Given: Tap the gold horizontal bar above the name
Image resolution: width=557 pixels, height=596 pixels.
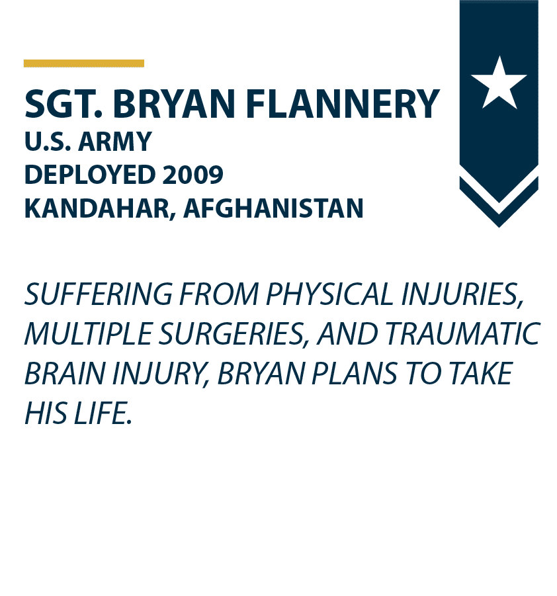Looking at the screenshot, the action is click(83, 63).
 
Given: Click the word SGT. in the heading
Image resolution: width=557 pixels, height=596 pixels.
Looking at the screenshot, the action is click(64, 104).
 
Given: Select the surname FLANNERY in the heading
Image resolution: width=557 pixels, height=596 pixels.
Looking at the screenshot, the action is click(343, 104).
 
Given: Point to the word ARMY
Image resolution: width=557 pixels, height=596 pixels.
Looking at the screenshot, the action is click(115, 142).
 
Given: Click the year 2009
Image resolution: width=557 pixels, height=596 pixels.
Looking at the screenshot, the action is click(193, 175).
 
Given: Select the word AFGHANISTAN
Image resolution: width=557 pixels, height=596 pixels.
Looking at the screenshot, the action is click(273, 208).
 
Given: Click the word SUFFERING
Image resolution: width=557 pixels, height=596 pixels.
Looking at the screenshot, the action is click(99, 294).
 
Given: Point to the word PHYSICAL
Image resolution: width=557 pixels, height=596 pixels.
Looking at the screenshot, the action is click(329, 294).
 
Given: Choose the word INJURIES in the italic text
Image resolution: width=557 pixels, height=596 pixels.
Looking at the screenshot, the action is click(462, 295).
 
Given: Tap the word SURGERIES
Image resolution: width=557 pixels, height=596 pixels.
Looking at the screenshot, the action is click(233, 335).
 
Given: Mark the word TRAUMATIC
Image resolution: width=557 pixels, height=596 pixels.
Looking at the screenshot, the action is click(462, 334).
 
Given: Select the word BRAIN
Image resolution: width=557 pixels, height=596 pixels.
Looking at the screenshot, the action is click(64, 374).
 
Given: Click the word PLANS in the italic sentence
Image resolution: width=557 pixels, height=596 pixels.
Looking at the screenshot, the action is click(354, 374).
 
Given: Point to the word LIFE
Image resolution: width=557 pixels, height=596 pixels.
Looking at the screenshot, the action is click(103, 413).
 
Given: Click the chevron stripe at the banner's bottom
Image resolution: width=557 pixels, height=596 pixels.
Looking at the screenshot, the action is click(499, 202).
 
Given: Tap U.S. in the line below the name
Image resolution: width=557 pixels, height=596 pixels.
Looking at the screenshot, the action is click(48, 142).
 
